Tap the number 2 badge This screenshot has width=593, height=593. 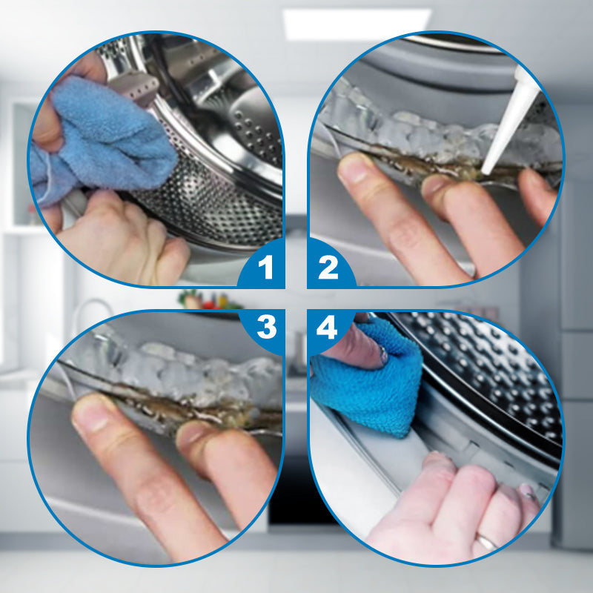(328, 267)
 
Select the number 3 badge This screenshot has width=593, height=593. (267, 327)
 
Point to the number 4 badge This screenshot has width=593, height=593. (327, 327)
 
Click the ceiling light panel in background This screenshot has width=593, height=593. (357, 24)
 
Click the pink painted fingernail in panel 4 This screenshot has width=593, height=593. (526, 491)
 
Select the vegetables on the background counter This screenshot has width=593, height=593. (209, 300)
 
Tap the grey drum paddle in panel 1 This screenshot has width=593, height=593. (133, 87)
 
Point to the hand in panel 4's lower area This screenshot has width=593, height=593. (454, 511)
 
